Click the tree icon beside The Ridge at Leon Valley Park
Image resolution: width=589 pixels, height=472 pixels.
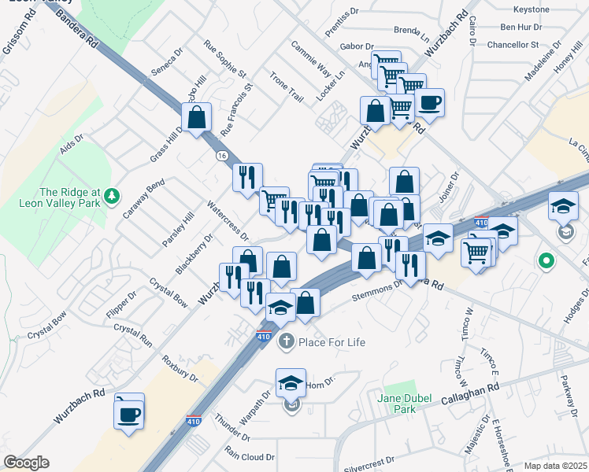click(113, 194)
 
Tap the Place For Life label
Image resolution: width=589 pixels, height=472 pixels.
click(332, 341)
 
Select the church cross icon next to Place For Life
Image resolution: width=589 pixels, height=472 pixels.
click(286, 341)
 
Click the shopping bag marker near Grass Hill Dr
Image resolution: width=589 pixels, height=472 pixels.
click(198, 118)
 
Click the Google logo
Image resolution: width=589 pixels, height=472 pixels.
click(26, 463)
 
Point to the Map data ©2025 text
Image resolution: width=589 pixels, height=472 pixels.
click(554, 466)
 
